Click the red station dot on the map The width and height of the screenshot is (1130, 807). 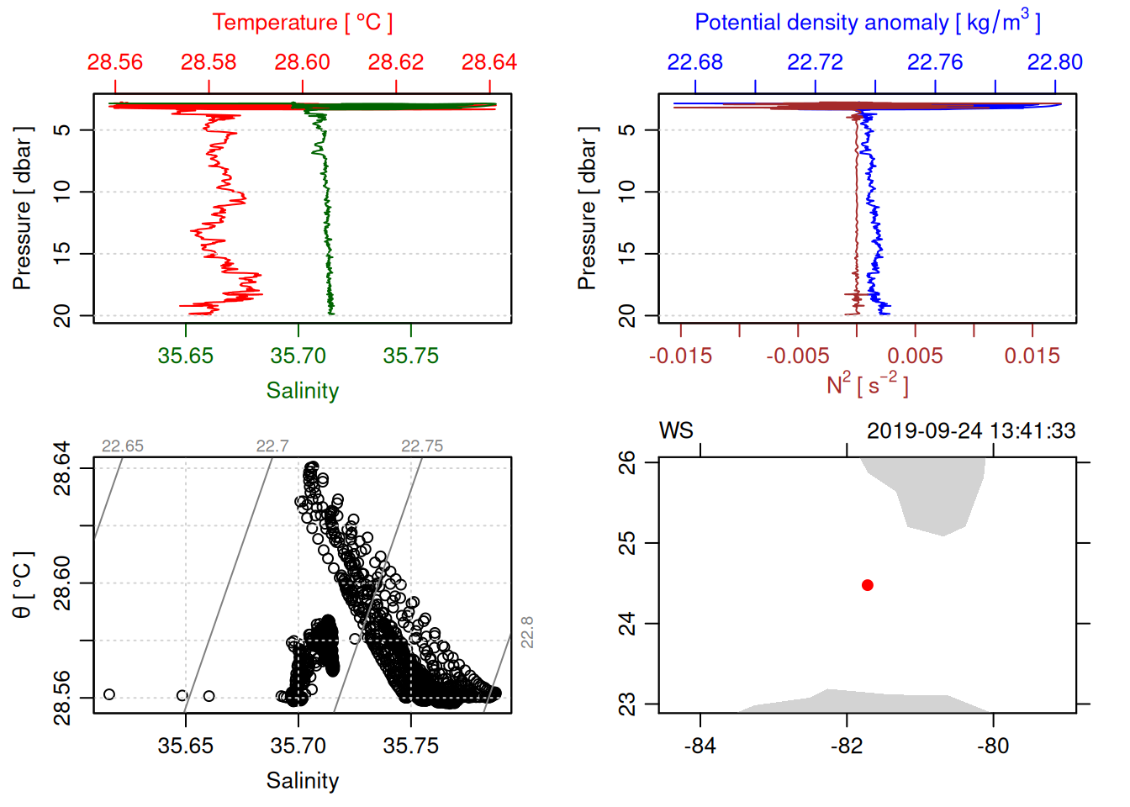[867, 585]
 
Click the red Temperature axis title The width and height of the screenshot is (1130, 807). [302, 23]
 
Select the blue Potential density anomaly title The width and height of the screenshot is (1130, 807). [867, 23]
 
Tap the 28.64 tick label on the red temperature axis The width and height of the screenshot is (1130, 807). [488, 62]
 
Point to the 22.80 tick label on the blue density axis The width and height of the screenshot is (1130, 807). [1054, 62]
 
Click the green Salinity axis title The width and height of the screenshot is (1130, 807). [302, 391]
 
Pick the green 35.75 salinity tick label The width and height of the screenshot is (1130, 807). [410, 356]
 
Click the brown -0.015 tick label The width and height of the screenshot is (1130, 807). [680, 356]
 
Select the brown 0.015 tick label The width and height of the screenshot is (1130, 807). [1032, 356]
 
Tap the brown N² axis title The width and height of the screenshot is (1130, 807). [867, 384]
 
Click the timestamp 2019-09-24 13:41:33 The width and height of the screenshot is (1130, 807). [970, 431]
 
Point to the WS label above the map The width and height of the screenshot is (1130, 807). [676, 431]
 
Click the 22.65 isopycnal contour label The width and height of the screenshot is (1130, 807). [123, 446]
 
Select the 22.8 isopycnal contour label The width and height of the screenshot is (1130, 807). [527, 632]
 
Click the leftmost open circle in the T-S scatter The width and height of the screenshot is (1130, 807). [109, 694]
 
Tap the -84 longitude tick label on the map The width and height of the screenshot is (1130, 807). [700, 746]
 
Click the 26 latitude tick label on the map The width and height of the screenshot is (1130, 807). [627, 462]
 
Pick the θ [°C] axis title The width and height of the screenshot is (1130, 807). [22, 584]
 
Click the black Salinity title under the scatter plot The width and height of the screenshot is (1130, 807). [302, 781]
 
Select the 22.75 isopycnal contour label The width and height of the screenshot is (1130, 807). [422, 446]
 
